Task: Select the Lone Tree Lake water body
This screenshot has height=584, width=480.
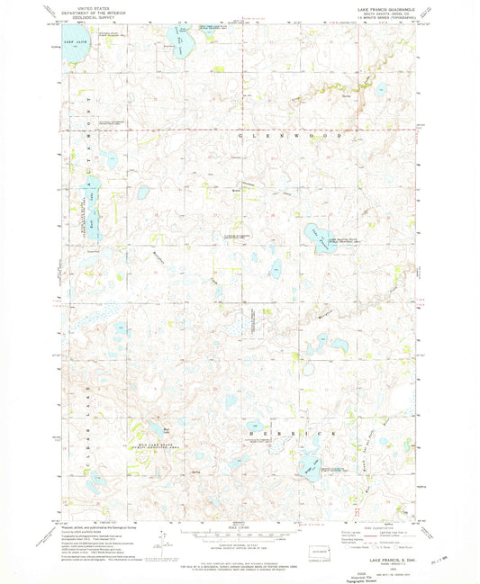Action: pos(309,466)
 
